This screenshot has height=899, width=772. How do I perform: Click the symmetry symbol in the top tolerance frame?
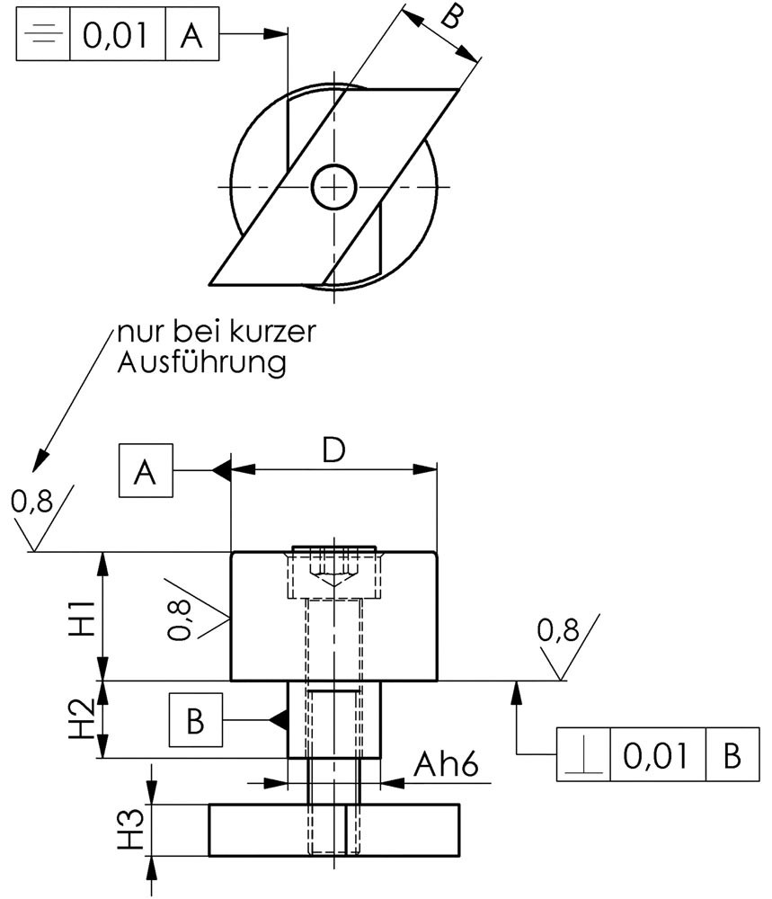point(43,34)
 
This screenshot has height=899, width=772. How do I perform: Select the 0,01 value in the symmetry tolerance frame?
point(116,34)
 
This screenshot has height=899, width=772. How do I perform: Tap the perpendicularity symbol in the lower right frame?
point(583,755)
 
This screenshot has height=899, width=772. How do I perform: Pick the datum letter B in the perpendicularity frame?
point(732,755)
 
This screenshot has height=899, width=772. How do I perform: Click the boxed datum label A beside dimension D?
point(146,471)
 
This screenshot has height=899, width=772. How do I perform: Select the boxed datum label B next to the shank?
point(195,720)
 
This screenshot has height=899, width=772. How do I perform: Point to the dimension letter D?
point(333,449)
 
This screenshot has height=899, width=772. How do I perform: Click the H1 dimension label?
point(83,619)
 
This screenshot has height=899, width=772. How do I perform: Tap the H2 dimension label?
point(83,717)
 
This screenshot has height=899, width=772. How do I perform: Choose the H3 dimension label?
point(131,829)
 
